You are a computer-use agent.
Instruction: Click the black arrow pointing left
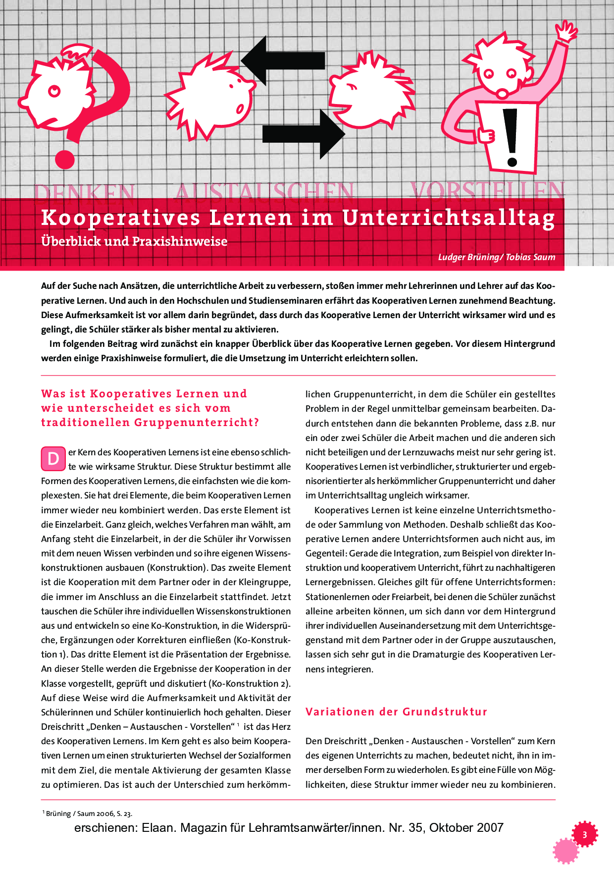tap(282, 60)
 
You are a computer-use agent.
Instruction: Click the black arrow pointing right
tap(303, 134)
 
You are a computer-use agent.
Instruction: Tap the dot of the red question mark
tap(65, 160)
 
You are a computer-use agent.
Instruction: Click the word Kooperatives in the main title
tap(121, 218)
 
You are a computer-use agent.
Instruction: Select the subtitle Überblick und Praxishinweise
tap(134, 241)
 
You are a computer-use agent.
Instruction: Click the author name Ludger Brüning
tap(468, 257)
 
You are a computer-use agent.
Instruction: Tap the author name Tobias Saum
tap(530, 257)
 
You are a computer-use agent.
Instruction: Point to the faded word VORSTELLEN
tap(487, 191)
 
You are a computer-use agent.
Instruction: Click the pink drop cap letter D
tap(53, 459)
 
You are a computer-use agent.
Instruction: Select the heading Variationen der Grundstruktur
tap(396, 712)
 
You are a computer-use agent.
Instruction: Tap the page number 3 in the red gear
tap(585, 835)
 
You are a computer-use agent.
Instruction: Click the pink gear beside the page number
tap(565, 851)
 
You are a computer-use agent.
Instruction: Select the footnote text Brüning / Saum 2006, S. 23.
tap(89, 814)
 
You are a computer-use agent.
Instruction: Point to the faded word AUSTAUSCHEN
tap(265, 192)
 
